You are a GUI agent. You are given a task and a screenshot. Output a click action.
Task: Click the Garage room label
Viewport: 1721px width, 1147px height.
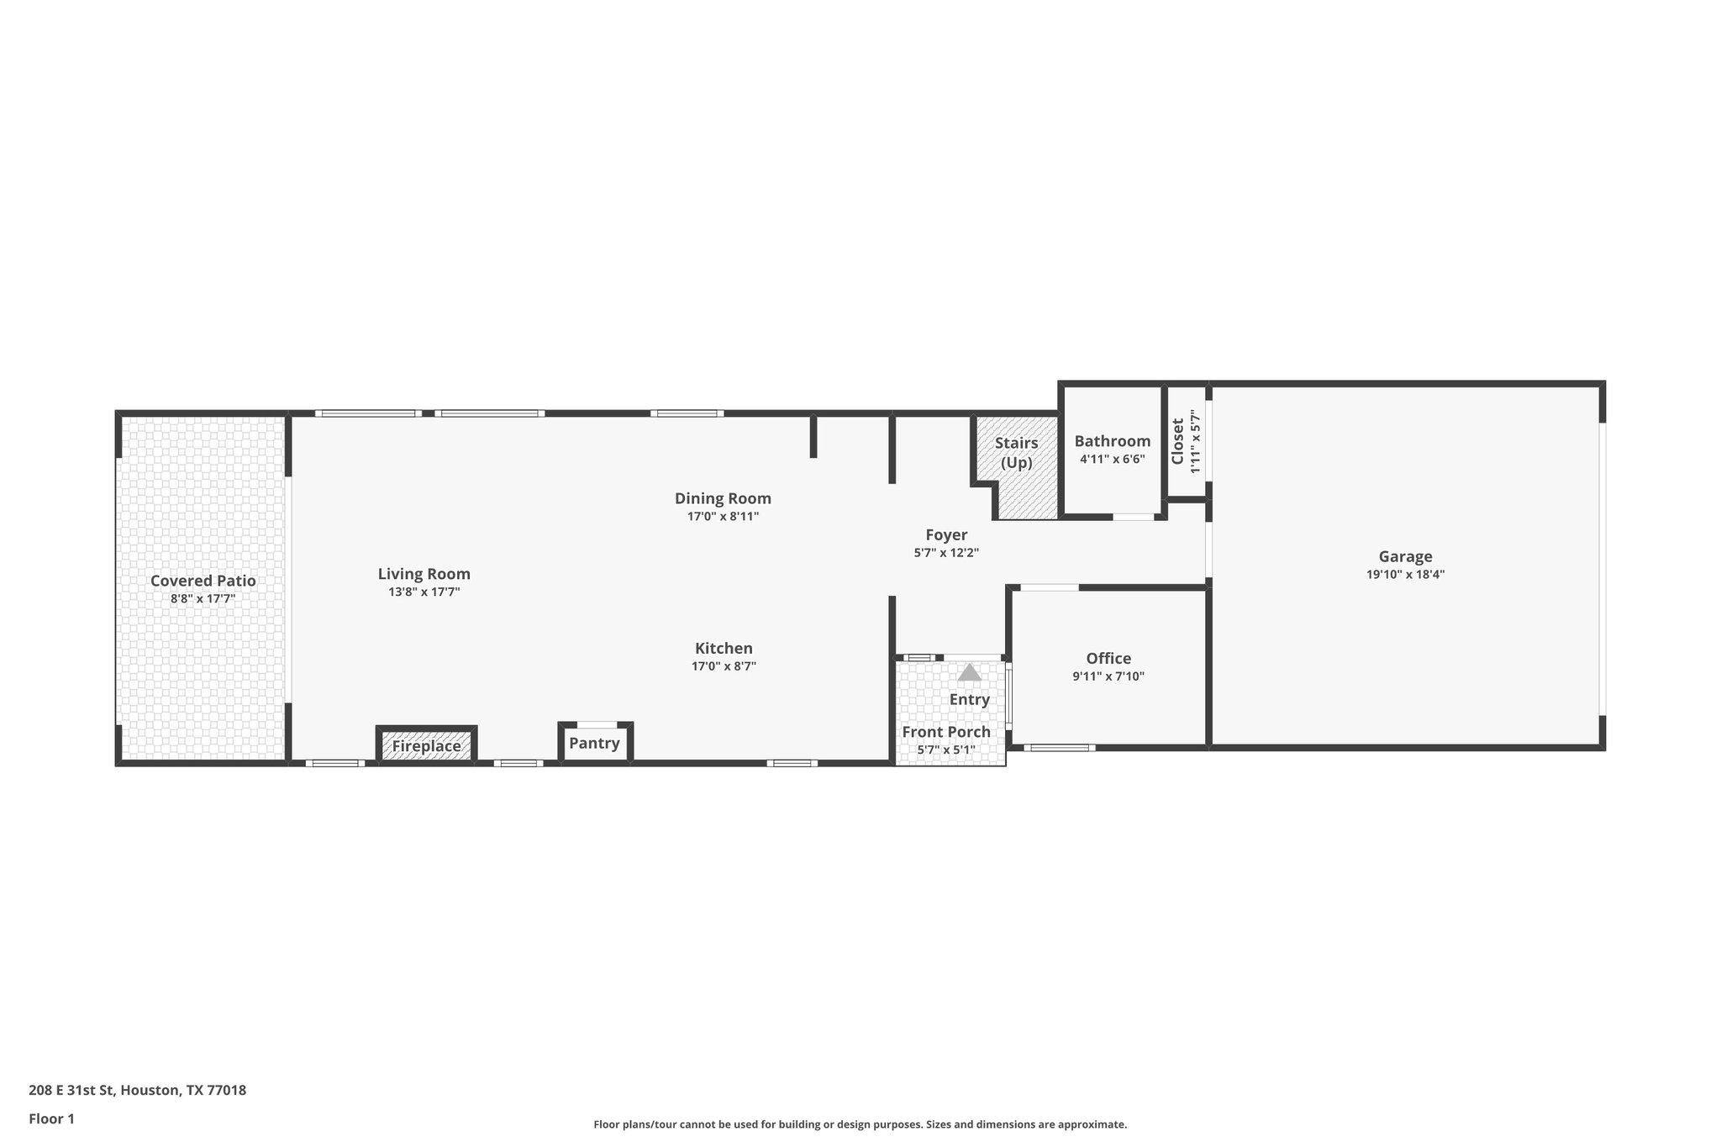click(x=1405, y=556)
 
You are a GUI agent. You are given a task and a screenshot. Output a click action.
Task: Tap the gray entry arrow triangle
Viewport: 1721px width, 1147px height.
click(x=970, y=673)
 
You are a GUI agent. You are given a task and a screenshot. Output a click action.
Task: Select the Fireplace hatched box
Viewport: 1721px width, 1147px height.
click(x=426, y=745)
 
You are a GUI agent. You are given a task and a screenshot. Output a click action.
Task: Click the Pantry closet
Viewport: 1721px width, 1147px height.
click(x=594, y=744)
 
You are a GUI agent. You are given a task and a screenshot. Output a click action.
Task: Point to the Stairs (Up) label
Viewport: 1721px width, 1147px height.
click(x=1016, y=452)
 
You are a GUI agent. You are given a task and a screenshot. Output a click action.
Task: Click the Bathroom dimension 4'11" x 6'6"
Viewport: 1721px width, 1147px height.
click(x=1112, y=460)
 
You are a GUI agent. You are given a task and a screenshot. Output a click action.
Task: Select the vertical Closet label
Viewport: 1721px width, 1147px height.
click(x=1177, y=440)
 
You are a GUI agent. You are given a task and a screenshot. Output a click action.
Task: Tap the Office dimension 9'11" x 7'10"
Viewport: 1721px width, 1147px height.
click(x=1108, y=676)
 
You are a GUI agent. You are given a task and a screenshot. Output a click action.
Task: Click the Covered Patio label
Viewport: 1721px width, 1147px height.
click(x=203, y=581)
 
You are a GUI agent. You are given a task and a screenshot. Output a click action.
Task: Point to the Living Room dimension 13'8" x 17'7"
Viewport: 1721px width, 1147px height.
click(x=424, y=592)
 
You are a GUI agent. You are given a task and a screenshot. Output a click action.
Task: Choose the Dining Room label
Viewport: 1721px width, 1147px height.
click(x=723, y=498)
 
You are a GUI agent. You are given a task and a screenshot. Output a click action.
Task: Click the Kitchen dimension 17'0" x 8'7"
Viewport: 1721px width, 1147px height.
click(x=724, y=666)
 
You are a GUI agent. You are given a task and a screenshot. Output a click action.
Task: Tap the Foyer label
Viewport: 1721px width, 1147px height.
click(x=946, y=535)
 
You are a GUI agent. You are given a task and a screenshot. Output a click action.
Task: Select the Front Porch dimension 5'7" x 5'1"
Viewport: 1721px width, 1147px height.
click(x=946, y=750)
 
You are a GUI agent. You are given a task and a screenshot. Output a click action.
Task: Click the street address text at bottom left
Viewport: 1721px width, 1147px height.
click(x=137, y=1091)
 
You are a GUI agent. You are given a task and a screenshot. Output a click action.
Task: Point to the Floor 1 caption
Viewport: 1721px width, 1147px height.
click(x=51, y=1118)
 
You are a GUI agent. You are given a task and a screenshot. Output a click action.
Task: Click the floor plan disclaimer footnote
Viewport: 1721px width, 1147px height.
click(x=860, y=1124)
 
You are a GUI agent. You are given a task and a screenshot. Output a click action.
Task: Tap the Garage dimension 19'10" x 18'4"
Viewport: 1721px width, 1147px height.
click(x=1405, y=575)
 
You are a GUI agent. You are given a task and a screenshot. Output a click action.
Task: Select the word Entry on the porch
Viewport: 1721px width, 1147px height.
click(x=970, y=699)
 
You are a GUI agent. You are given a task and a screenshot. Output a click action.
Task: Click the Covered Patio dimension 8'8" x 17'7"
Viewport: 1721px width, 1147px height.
click(x=203, y=599)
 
